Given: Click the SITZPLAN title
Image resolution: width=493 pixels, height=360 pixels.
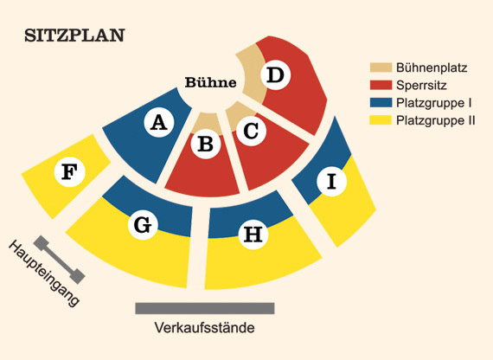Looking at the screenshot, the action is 75,35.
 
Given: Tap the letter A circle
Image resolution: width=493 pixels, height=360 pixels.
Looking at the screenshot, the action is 159,122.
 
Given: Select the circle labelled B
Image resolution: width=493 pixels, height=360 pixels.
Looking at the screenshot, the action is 206,144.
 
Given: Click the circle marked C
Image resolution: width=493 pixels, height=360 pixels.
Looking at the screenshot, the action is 251,131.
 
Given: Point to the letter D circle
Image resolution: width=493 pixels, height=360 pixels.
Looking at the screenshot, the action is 275,75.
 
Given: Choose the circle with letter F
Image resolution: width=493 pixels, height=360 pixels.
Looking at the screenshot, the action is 69,172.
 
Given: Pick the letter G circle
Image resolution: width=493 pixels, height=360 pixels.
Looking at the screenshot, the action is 143,225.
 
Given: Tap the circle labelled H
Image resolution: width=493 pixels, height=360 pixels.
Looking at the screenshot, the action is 253,235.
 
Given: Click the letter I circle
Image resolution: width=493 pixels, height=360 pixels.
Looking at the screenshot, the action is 332,181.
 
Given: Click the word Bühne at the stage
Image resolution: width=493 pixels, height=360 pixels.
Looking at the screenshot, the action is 211,82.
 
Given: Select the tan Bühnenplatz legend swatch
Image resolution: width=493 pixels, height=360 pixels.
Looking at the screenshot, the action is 381,67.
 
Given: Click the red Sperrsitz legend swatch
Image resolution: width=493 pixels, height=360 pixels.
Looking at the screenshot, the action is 381,85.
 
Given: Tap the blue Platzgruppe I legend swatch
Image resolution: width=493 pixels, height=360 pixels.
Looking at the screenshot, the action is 381,103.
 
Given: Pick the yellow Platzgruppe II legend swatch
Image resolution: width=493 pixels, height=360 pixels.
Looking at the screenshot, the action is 381,120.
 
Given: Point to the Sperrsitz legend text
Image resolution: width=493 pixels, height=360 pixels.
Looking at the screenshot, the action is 421,86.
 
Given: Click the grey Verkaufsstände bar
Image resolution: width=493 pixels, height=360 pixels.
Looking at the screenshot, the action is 205,308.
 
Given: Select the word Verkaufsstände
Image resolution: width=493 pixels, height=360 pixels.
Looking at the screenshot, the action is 205,328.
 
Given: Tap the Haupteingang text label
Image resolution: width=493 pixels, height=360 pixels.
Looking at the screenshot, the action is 43,273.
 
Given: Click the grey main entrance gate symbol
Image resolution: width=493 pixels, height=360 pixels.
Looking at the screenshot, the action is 59,260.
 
